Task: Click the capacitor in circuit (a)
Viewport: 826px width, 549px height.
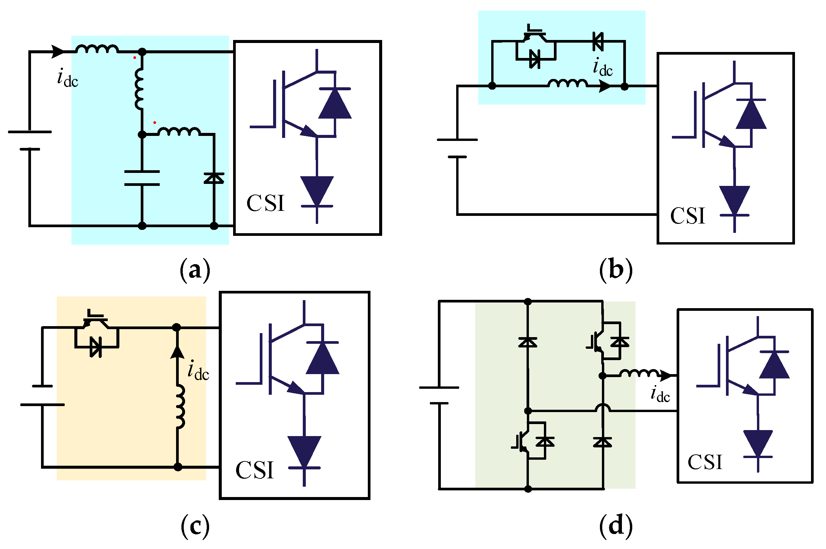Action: click(142, 178)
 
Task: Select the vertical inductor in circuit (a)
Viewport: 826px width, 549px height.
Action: click(139, 89)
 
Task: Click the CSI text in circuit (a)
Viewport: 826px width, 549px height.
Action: click(265, 204)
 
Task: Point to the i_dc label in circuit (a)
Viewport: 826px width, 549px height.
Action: click(67, 78)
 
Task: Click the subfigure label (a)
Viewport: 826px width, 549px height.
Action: click(195, 270)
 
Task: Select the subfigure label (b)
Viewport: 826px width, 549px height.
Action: click(616, 270)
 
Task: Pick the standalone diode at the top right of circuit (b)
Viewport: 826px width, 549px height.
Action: click(598, 41)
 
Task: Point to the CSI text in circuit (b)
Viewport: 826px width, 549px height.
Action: click(687, 216)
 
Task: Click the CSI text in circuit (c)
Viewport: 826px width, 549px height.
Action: click(254, 470)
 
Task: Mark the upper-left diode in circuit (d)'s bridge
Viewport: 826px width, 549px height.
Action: click(528, 342)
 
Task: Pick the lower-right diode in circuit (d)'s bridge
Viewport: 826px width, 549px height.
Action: click(603, 442)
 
